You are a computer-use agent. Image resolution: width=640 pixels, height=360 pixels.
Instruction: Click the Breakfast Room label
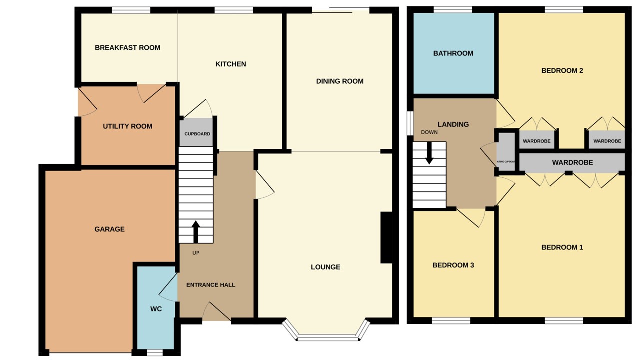click(127, 48)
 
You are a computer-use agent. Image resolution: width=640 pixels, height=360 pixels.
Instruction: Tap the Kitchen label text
click(230, 64)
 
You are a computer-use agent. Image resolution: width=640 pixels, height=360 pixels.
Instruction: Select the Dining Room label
click(340, 81)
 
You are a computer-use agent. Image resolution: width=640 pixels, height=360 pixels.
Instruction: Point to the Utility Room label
click(127, 126)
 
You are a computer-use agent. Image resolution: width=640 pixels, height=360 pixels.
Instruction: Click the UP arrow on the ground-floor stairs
click(196, 231)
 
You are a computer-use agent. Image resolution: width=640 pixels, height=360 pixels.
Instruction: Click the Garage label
click(109, 229)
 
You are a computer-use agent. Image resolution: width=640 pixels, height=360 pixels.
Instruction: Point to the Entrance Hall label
click(210, 285)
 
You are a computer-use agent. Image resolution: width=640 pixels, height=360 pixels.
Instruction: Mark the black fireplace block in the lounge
click(386, 237)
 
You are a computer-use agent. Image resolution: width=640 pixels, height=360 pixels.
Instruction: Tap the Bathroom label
click(453, 53)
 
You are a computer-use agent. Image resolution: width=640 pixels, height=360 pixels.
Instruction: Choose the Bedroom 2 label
click(562, 71)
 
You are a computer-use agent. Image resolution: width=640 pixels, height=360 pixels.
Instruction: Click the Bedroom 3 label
click(453, 265)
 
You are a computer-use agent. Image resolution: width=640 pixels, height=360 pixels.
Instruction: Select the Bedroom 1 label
click(562, 247)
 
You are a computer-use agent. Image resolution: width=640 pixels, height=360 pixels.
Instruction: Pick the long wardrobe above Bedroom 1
click(572, 163)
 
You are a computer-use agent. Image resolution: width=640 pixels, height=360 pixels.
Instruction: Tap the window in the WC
click(155, 352)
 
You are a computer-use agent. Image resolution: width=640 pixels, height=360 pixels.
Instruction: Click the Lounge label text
click(325, 267)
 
